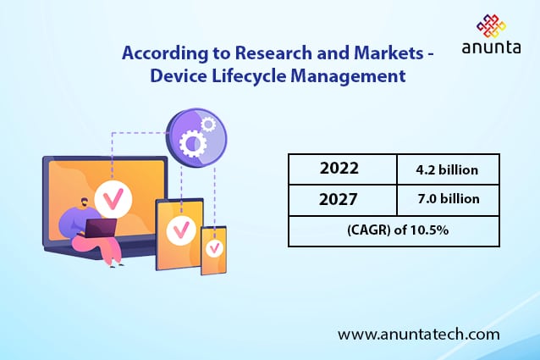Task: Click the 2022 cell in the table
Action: (x=339, y=169)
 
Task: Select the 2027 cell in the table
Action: (x=339, y=200)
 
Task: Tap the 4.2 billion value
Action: (x=448, y=169)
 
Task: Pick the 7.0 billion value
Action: (x=448, y=200)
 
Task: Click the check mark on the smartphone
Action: (x=214, y=249)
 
